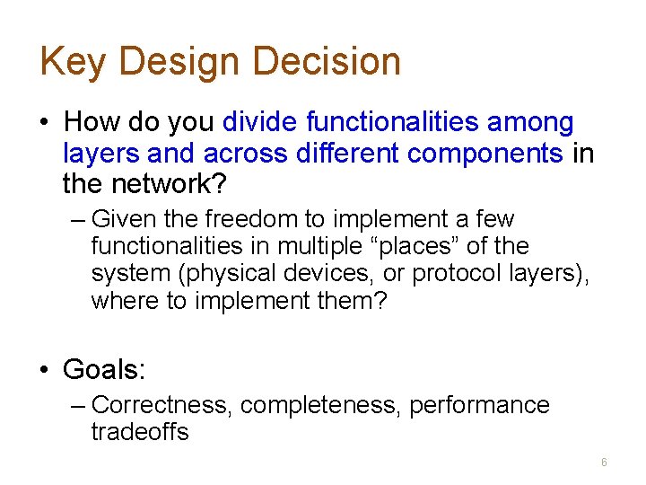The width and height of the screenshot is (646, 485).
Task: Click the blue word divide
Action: point(260,121)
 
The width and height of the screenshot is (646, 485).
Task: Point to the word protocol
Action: point(455,273)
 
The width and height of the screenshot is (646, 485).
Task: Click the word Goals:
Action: point(103,369)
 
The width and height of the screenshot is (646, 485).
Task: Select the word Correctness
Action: point(162,405)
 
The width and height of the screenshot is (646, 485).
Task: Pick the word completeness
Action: point(321,405)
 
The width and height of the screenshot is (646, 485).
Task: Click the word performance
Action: point(479,405)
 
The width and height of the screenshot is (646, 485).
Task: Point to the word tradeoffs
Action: point(140,432)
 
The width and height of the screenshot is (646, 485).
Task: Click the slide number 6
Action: point(604,463)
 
